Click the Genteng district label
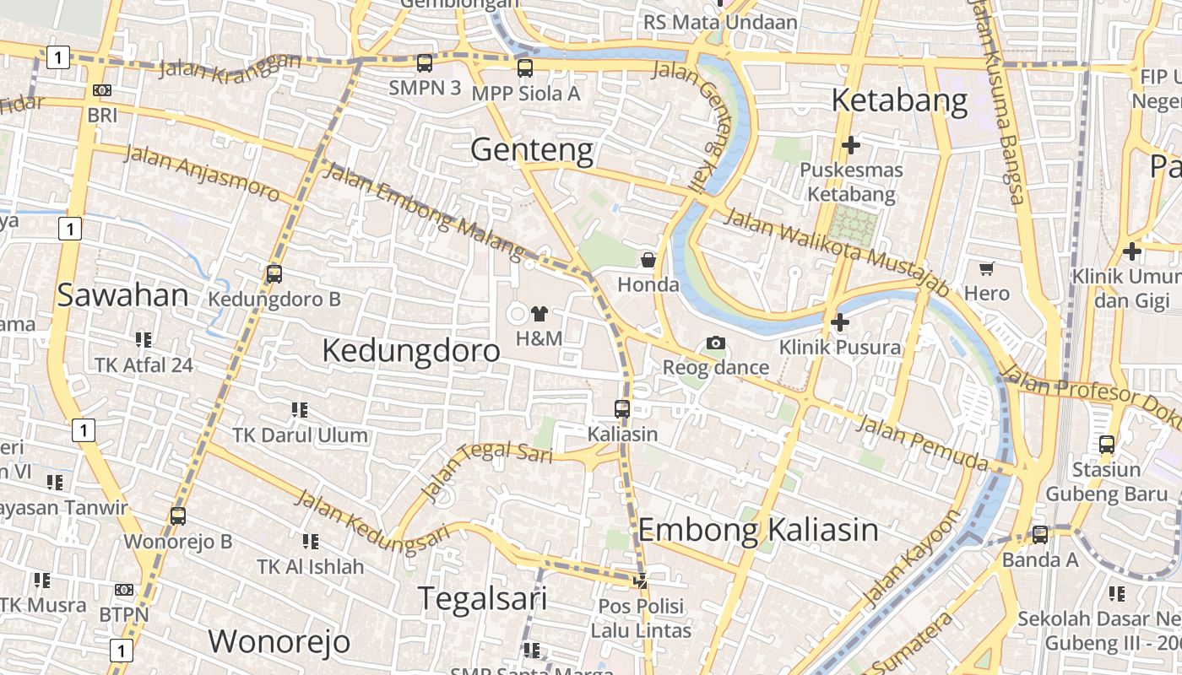532,150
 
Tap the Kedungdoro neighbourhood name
411,350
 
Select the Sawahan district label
122,295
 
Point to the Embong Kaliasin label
758,530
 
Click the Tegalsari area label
483,598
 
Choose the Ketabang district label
899,100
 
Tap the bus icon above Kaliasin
622,409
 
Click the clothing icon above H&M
539,315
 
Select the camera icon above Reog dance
716,343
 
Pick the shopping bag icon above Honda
648,260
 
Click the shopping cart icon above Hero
986,269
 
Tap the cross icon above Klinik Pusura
840,322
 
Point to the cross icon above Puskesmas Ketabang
851,145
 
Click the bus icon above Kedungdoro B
274,274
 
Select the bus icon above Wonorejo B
178,516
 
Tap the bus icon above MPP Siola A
525,68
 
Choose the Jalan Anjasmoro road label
202,173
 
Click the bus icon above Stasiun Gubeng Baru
1107,445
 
